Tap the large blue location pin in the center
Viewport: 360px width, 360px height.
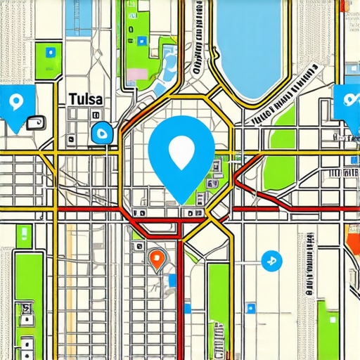[x=181, y=155]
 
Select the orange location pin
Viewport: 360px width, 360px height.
[x=157, y=259]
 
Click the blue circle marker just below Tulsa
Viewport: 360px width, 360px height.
[x=101, y=131]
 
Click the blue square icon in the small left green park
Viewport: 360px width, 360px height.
[x=49, y=51]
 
